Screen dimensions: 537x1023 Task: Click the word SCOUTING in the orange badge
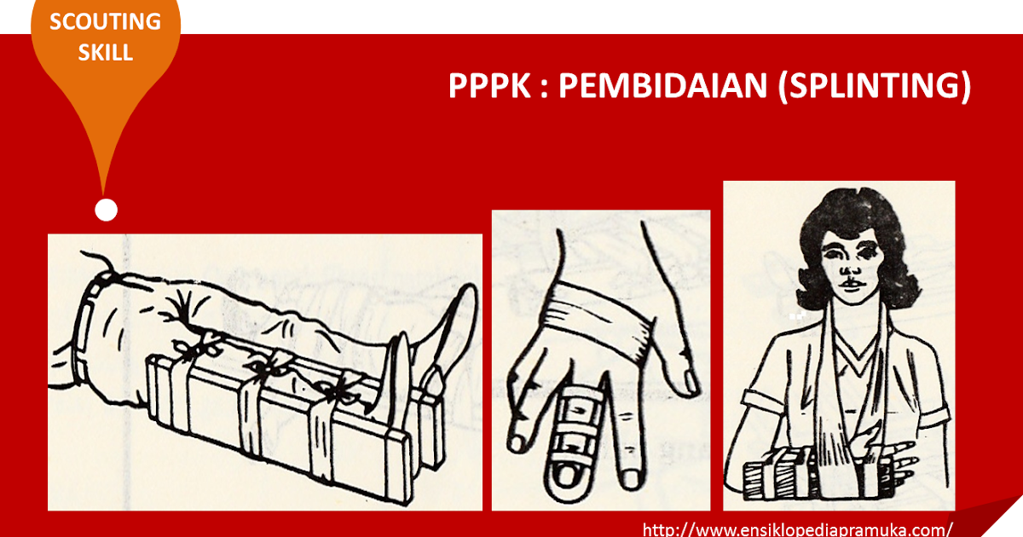coord(106,22)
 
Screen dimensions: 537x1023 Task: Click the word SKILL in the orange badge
coord(106,51)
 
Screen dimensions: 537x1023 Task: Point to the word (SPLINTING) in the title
coord(874,87)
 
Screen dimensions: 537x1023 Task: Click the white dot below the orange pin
coord(106,210)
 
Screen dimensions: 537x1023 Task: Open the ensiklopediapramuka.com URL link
coord(796,528)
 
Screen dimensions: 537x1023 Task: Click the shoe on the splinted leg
coord(448,341)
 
